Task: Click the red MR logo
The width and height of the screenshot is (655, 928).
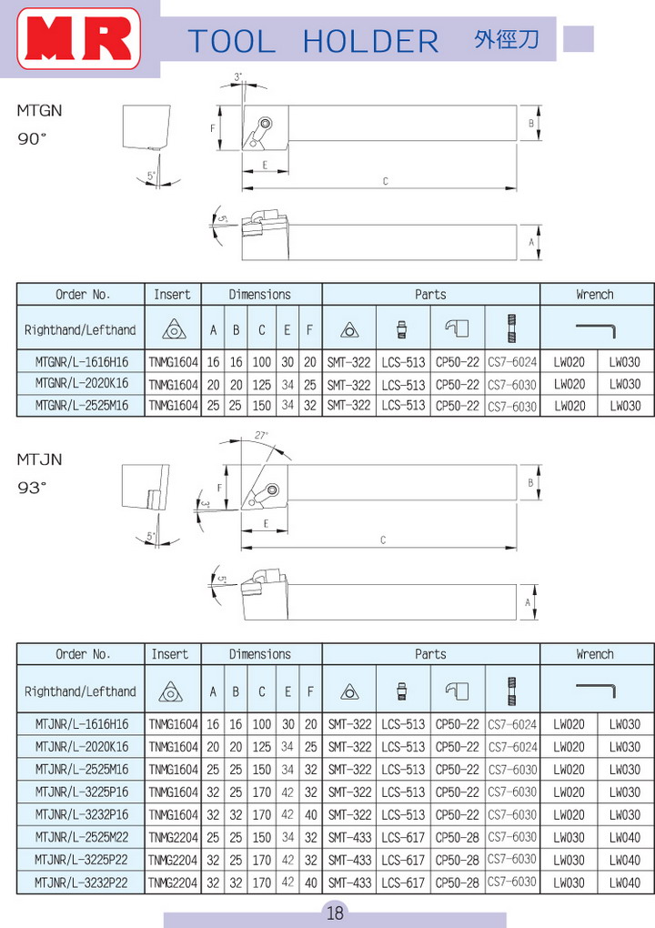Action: click(79, 39)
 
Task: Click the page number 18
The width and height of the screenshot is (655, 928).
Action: click(335, 913)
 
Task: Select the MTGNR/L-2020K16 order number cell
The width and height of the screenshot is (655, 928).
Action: click(81, 384)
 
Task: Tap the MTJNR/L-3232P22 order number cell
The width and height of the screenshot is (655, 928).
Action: click(81, 883)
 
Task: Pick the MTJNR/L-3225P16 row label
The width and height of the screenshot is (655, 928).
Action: click(81, 792)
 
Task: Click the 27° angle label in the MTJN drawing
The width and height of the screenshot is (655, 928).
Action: click(261, 435)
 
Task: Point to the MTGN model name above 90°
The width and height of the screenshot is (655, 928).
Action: click(39, 111)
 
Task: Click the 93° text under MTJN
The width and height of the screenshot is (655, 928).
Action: click(32, 488)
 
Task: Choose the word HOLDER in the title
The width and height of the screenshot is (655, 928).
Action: click(370, 42)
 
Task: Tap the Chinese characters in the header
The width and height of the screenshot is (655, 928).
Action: click(507, 40)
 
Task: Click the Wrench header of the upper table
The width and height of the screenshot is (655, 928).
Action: click(595, 295)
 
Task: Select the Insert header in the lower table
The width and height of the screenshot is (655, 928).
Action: click(170, 654)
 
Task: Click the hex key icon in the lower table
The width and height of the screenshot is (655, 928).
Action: click(596, 689)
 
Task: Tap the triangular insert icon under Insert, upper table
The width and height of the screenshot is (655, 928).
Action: click(174, 329)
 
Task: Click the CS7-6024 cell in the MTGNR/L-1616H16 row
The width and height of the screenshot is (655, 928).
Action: click(512, 361)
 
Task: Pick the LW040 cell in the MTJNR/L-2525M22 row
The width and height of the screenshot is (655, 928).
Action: click(625, 837)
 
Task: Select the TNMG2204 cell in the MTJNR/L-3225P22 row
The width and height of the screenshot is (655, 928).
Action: click(173, 860)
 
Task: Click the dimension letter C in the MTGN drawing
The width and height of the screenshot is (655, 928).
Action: click(385, 181)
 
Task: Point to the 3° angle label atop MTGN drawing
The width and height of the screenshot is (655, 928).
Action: click(237, 77)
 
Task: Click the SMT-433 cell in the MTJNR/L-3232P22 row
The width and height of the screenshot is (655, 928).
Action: click(349, 883)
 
